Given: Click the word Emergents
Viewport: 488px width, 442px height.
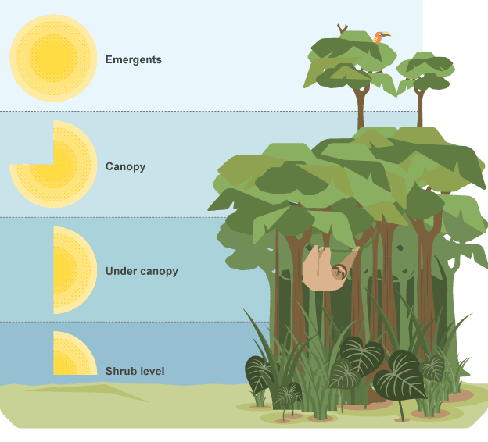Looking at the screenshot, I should click(x=133, y=59).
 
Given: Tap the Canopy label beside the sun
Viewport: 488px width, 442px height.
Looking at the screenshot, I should click(x=125, y=166).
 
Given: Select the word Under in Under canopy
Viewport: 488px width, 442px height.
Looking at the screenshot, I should click(x=120, y=271).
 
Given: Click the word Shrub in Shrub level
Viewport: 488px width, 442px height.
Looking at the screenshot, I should click(x=120, y=370).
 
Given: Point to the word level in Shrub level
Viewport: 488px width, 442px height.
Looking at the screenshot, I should click(x=152, y=370).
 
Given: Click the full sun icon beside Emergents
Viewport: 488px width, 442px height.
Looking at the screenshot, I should click(x=53, y=59).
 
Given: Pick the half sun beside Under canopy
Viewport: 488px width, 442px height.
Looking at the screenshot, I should click(x=72, y=270).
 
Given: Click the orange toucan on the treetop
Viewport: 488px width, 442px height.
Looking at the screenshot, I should click(x=380, y=37).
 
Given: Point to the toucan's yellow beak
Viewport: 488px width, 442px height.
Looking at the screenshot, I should click(x=389, y=34).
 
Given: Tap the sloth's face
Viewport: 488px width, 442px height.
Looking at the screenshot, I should click(x=339, y=273).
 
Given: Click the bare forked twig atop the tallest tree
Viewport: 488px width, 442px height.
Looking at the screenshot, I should click(x=342, y=28).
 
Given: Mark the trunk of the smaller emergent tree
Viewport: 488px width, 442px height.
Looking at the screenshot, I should click(x=421, y=109).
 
